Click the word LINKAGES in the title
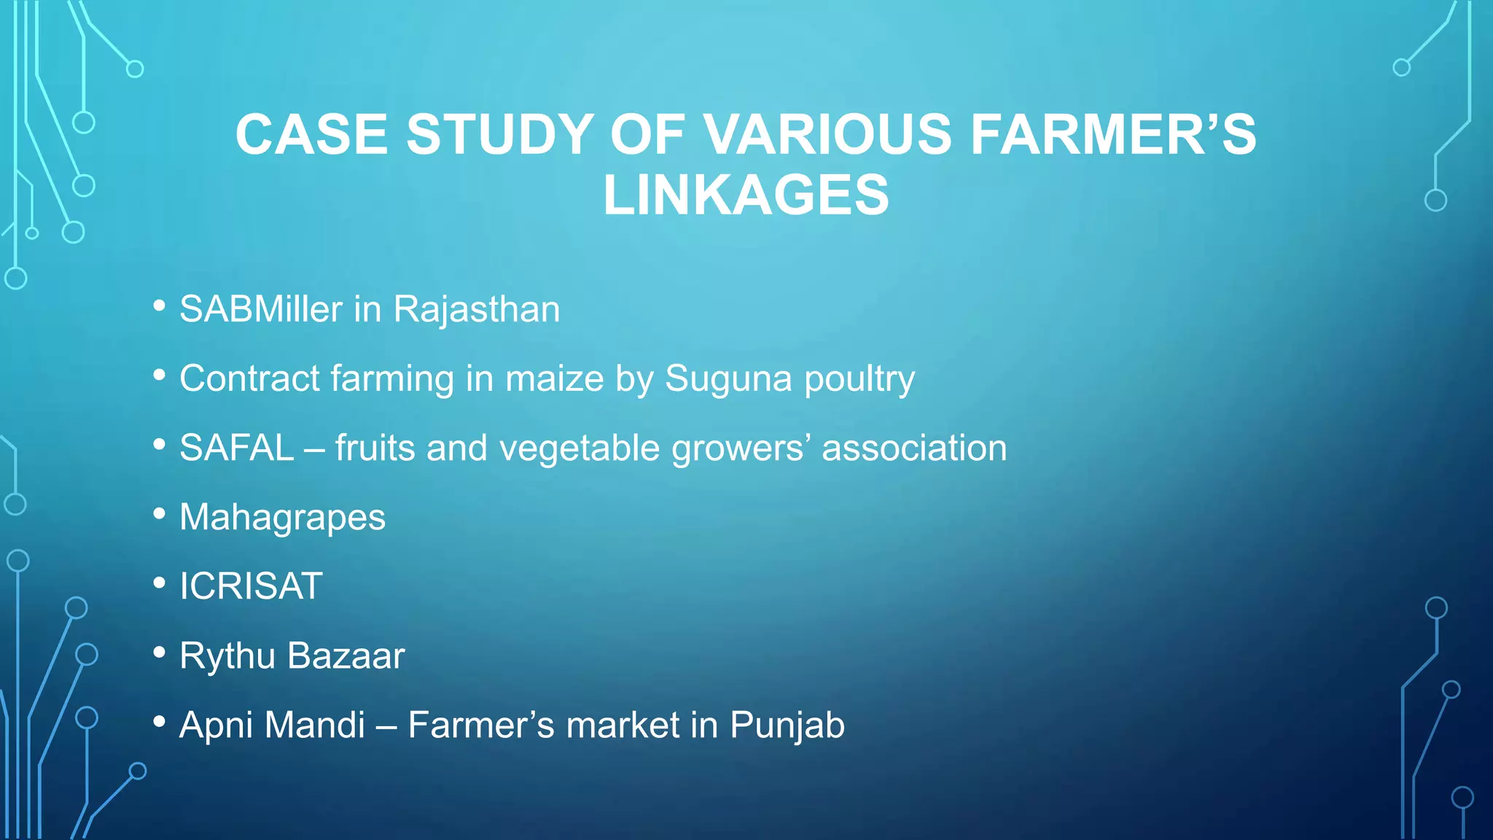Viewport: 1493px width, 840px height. point(746,195)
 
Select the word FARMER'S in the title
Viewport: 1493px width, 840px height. point(1113,135)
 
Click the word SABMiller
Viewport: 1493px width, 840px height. point(260,309)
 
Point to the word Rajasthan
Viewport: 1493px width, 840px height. point(477,309)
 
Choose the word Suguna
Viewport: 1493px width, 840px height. point(728,378)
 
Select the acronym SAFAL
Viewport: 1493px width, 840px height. point(236,448)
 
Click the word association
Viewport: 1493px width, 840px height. point(914,448)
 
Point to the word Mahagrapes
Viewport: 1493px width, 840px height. point(282,518)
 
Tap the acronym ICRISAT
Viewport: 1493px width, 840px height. point(251,586)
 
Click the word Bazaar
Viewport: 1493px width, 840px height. point(346,656)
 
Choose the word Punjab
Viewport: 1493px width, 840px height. point(787,726)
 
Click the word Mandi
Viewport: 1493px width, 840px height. point(315,725)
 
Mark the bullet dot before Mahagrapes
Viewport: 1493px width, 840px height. point(160,513)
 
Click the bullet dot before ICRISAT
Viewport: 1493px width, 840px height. point(160,583)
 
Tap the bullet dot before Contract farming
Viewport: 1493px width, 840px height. point(160,375)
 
